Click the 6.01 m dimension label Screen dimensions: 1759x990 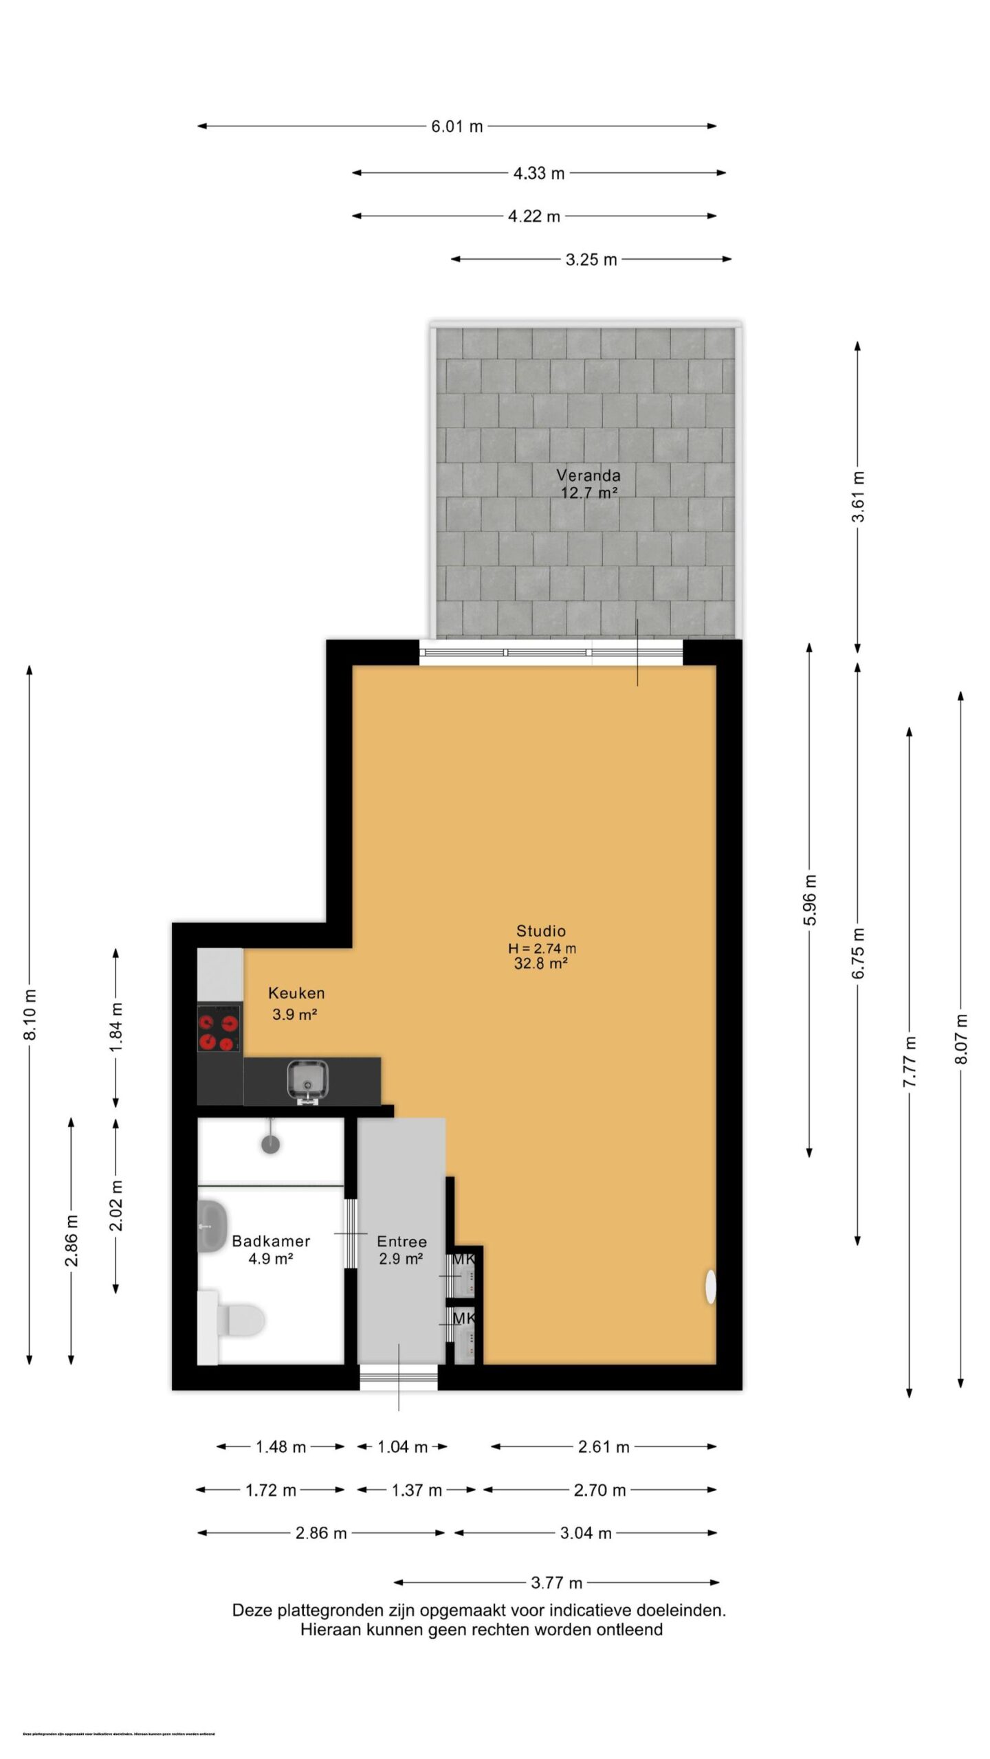456,126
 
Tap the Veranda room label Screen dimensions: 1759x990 588,475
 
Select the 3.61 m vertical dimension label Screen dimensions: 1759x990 858,496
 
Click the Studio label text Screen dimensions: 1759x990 541,931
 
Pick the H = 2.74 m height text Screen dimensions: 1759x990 542,948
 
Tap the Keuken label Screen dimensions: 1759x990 296,993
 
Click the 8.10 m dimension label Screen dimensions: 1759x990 30,1015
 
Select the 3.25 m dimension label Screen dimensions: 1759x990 591,260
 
